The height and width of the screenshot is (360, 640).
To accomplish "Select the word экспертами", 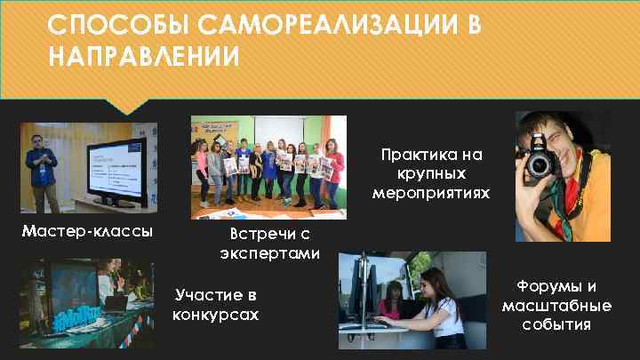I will tap(269, 253).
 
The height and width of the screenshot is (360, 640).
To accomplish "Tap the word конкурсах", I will tap(216, 315).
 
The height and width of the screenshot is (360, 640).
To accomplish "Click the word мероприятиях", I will tap(431, 191).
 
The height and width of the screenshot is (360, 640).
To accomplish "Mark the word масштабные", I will tap(556, 305).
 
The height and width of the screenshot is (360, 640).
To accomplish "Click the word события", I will tap(556, 324).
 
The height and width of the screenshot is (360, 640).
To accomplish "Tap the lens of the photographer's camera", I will tap(540, 165).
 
